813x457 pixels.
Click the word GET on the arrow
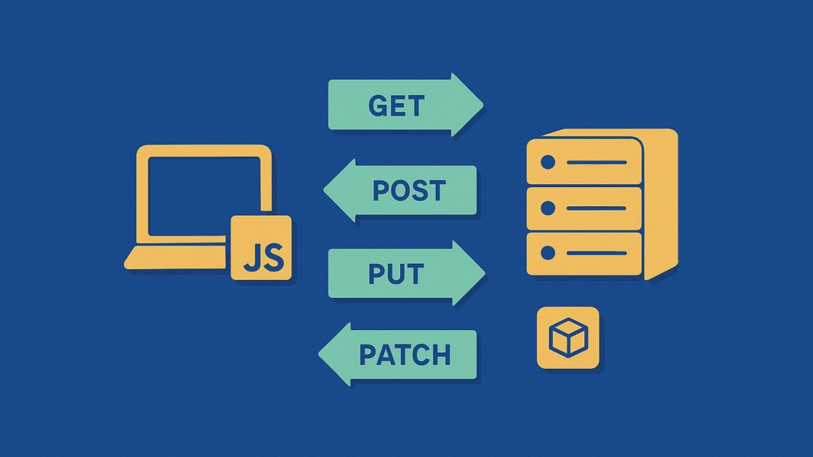click(x=396, y=105)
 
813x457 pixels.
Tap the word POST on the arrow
click(x=409, y=190)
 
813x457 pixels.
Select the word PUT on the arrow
click(x=396, y=274)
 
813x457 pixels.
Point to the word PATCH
click(x=405, y=355)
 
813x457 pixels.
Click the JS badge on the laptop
click(x=261, y=248)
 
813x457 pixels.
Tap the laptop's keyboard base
click(x=175, y=258)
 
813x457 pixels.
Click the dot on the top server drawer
click(x=548, y=162)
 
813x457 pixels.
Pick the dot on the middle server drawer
click(x=548, y=208)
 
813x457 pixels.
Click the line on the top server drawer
click(x=596, y=162)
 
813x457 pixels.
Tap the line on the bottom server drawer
click(x=596, y=254)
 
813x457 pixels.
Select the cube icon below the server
click(x=568, y=338)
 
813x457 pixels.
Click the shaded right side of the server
click(x=661, y=203)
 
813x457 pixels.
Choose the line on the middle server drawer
click(x=596, y=208)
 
